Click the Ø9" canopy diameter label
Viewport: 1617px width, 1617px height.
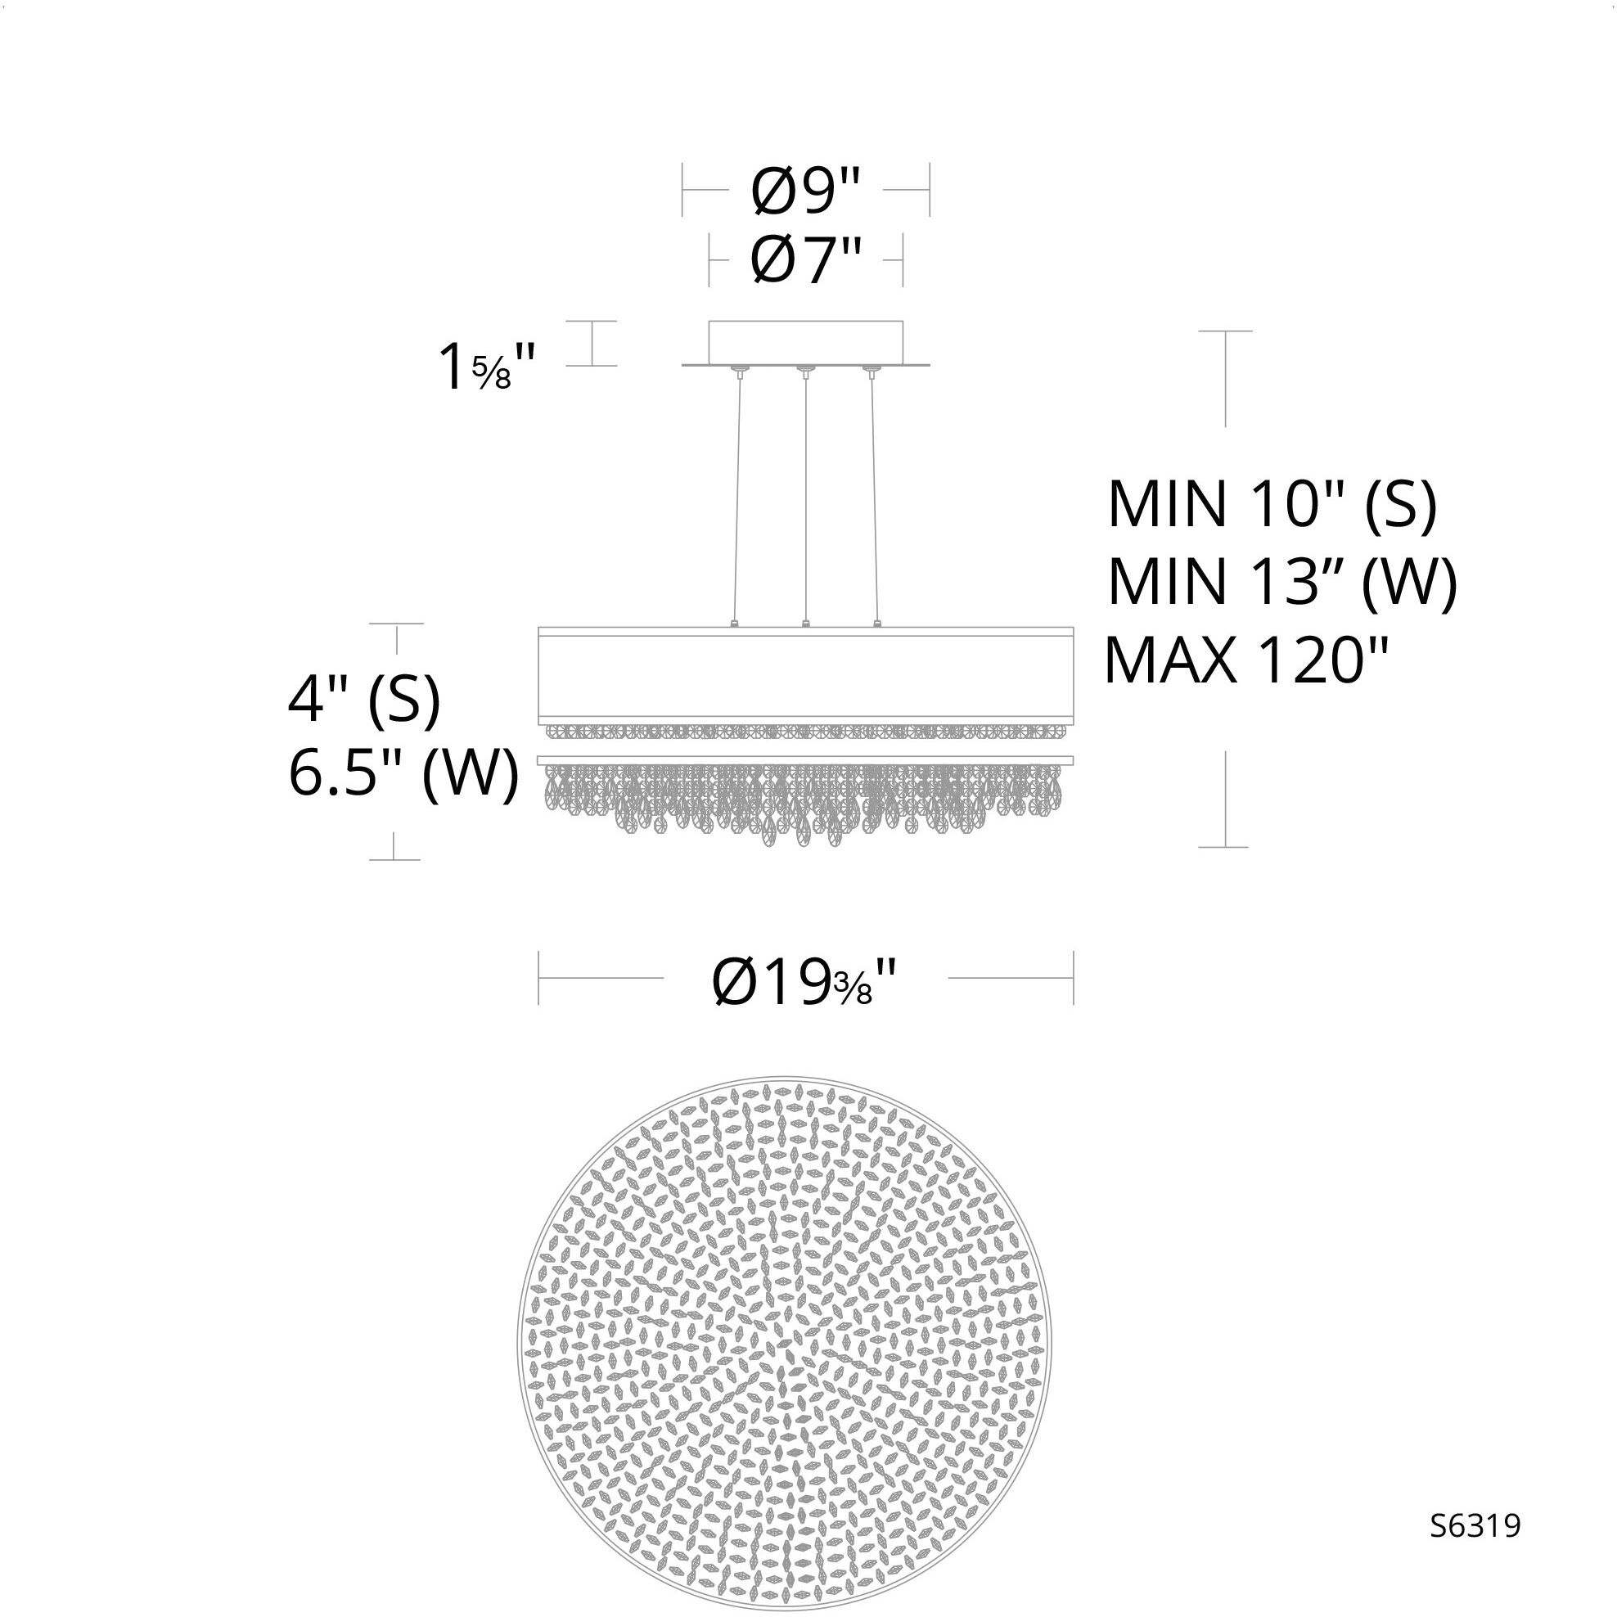(x=805, y=190)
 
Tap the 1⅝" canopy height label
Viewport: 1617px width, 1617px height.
(x=485, y=367)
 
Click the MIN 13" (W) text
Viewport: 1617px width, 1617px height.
(x=1281, y=582)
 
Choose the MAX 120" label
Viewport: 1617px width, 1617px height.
(x=1246, y=660)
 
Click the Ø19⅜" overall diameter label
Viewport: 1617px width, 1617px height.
(x=804, y=983)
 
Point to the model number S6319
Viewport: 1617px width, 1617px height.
(x=1475, y=1525)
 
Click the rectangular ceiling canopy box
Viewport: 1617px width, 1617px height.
(x=805, y=342)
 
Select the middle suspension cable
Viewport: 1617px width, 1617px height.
(x=805, y=498)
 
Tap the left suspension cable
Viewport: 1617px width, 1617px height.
(x=737, y=498)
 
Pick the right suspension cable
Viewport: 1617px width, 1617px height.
(x=874, y=498)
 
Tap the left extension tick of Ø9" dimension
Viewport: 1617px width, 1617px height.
(x=683, y=190)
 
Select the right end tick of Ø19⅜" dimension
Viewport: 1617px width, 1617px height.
(x=1073, y=978)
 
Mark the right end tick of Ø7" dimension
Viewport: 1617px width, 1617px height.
(x=903, y=259)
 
